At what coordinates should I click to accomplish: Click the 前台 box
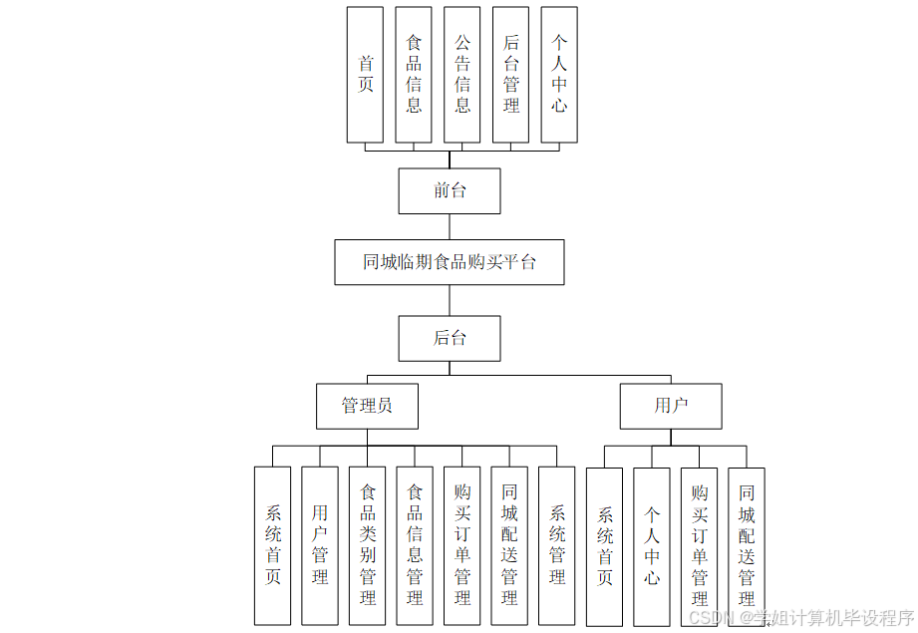point(450,190)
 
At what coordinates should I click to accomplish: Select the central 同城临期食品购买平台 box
point(450,262)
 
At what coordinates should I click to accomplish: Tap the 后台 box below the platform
point(450,338)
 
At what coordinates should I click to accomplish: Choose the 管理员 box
point(367,406)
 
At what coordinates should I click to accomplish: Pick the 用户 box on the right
point(671,406)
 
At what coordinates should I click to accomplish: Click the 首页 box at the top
point(365,75)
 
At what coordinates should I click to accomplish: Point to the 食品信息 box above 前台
point(414,75)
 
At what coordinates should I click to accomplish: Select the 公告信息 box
point(462,75)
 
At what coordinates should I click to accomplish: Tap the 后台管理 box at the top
point(511,75)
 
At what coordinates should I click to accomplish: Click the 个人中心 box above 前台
point(559,75)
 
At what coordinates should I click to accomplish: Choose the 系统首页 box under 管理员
point(272,545)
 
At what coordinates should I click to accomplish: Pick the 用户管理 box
point(320,545)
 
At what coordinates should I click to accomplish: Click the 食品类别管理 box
point(368,545)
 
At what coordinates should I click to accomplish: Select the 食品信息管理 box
point(415,545)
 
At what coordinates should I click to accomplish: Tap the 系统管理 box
point(557,545)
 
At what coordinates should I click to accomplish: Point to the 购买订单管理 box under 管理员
point(462,545)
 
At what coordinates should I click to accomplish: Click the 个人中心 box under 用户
point(652,545)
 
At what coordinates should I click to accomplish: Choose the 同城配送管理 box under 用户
point(747,545)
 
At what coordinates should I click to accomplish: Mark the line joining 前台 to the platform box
point(450,226)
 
